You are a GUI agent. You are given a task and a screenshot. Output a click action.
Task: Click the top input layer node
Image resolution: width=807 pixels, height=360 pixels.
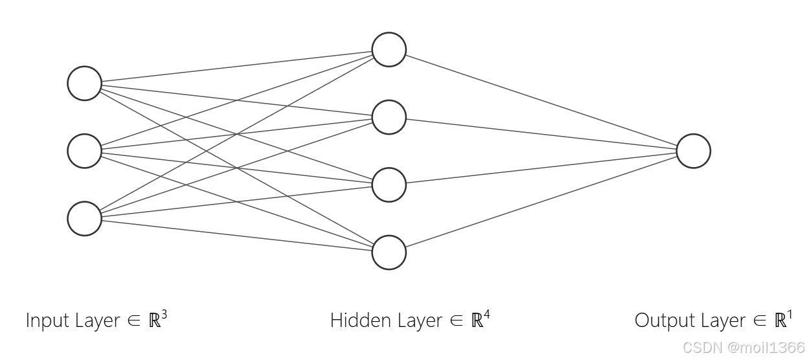pyautogui.click(x=85, y=84)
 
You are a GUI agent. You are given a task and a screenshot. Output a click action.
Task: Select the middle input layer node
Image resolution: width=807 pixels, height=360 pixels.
pyautogui.click(x=85, y=151)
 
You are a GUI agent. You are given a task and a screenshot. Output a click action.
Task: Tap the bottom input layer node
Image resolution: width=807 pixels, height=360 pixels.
pyautogui.click(x=85, y=218)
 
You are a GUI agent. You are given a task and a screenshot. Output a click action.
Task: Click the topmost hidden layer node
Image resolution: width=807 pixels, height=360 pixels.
pyautogui.click(x=389, y=50)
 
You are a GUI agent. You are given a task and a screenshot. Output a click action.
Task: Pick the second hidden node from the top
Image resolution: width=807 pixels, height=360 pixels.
pyautogui.click(x=389, y=117)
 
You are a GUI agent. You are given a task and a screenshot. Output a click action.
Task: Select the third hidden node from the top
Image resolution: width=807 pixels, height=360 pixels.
pyautogui.click(x=389, y=185)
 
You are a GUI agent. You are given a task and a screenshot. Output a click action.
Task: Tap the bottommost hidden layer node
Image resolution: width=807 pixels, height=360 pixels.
pyautogui.click(x=389, y=252)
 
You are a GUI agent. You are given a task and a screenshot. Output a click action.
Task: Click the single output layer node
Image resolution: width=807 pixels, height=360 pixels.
pyautogui.click(x=693, y=151)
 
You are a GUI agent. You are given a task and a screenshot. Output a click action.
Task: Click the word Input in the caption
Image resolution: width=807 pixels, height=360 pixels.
pyautogui.click(x=45, y=321)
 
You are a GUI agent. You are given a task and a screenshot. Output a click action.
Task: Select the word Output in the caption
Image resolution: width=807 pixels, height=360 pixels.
pyautogui.click(x=663, y=321)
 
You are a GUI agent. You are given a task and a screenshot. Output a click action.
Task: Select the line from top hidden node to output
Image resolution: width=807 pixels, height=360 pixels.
pyautogui.click(x=541, y=100)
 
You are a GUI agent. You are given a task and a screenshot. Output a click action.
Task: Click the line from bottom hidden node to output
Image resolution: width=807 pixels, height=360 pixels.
pyautogui.click(x=541, y=201)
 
